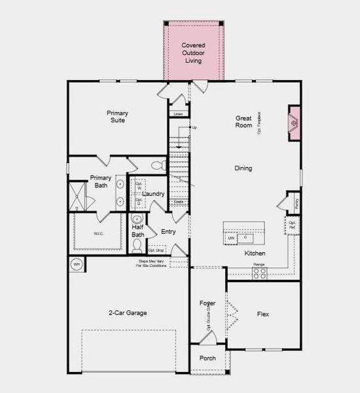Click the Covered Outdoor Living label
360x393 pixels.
point(193,52)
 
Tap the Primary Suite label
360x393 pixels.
point(117,117)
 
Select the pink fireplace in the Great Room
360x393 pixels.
point(294,122)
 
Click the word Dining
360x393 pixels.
point(243,168)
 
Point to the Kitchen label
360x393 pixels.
point(255,253)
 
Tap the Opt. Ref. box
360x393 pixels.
point(293,225)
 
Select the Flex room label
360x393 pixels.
point(262,314)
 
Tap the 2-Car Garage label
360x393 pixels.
point(128,313)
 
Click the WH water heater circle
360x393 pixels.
point(76,265)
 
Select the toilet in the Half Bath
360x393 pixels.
point(137,246)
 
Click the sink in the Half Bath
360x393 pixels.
point(137,219)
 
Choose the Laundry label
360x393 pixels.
point(153,194)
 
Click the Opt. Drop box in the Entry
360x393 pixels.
point(156,250)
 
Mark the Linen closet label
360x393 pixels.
point(177,114)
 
